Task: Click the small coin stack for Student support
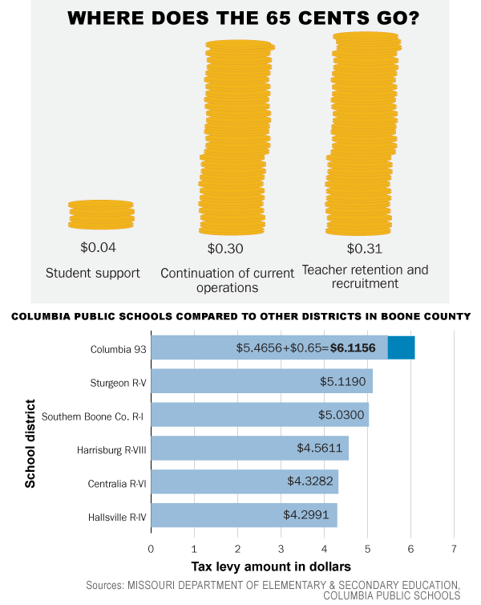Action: [x=101, y=214]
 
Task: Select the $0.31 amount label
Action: [x=364, y=248]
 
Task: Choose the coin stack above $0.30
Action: [x=234, y=136]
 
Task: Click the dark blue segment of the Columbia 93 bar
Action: [x=401, y=347]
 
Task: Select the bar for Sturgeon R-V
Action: [x=261, y=381]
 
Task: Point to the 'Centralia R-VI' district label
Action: [x=117, y=482]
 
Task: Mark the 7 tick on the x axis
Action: [x=454, y=550]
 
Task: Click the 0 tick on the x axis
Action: [x=151, y=550]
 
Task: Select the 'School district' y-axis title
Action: [x=31, y=444]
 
